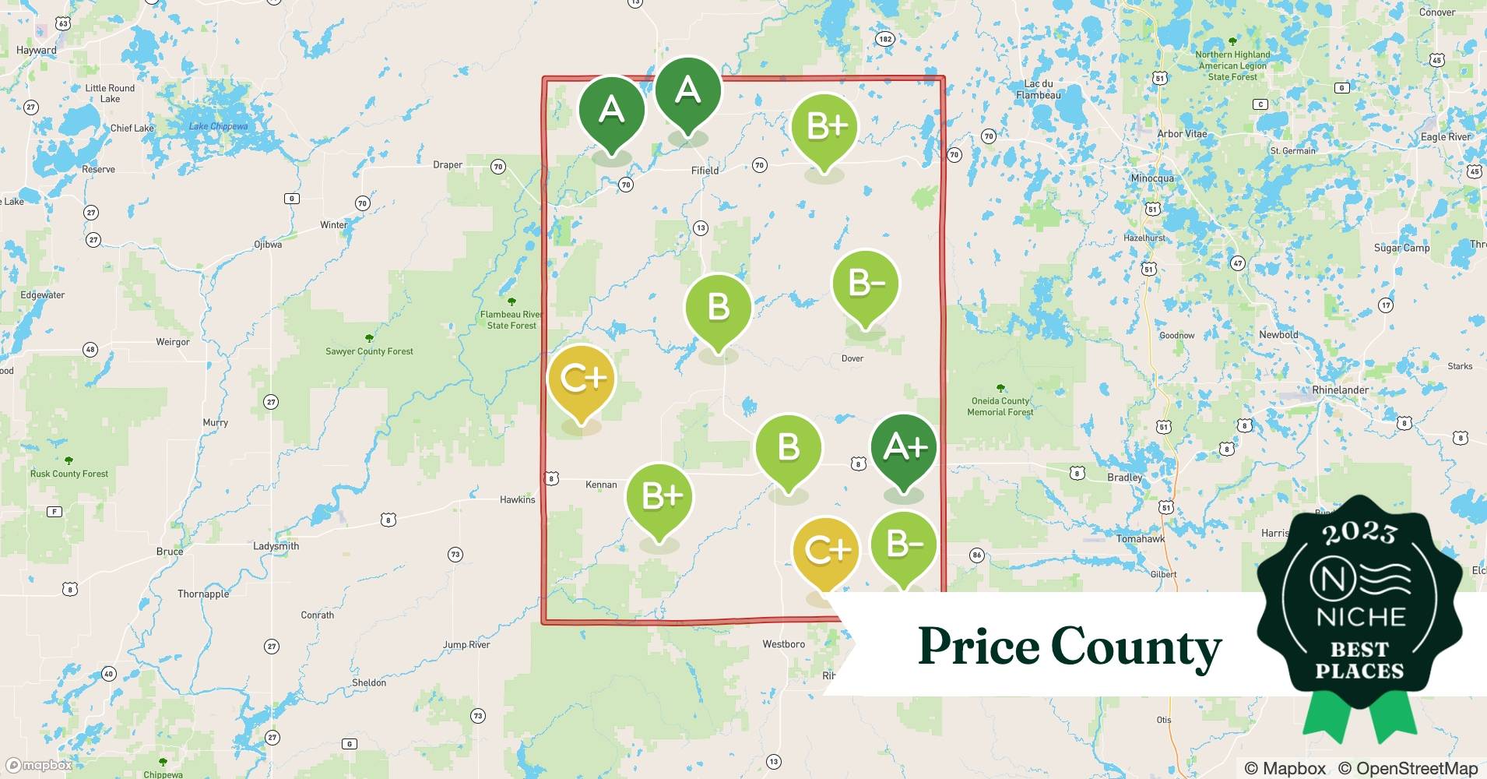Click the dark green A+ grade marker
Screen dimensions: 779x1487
pos(904,448)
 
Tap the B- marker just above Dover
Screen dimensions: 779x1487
pos(865,285)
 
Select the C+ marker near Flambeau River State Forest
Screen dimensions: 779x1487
pos(581,380)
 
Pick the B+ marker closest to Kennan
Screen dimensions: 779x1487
pos(660,497)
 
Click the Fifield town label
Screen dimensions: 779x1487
pos(705,171)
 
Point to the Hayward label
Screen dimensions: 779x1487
pos(37,51)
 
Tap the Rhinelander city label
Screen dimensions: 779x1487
pos(1340,390)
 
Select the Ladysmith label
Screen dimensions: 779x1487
pos(276,546)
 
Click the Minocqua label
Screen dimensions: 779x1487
pos(1151,178)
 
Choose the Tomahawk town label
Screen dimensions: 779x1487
pos(1141,539)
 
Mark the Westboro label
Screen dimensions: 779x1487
pos(783,644)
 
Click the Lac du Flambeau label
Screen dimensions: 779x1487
pos(1038,90)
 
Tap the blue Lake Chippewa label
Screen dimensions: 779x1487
pos(218,127)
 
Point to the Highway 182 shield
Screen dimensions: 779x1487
pos(884,39)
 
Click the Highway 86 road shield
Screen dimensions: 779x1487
pos(976,555)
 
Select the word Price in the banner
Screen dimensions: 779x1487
pos(978,646)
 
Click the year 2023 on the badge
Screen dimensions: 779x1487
pos(1359,532)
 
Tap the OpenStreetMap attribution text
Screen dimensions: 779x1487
pos(1408,768)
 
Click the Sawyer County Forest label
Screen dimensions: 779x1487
pos(369,351)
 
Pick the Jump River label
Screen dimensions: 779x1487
pos(466,645)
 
